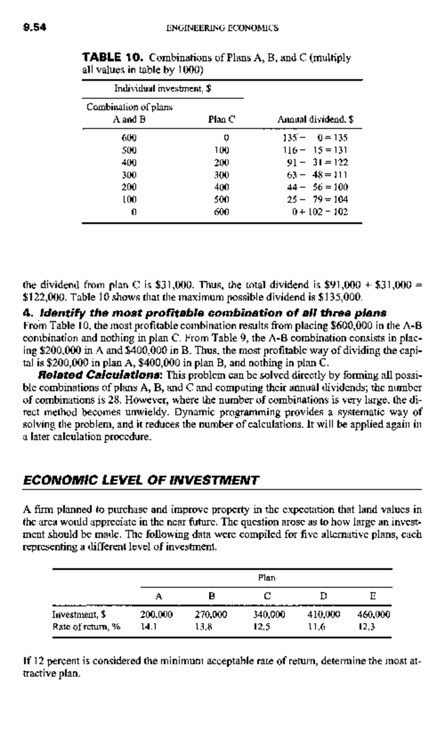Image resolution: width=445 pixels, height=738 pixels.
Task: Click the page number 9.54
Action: pyautogui.click(x=34, y=28)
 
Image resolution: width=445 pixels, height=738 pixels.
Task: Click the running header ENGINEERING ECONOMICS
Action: pyautogui.click(x=222, y=28)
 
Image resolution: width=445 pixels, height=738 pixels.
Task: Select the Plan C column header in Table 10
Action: pyautogui.click(x=222, y=120)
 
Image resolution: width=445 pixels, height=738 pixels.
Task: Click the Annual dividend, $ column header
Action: pyautogui.click(x=315, y=120)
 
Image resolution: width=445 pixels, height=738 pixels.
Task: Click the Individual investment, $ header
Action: pyautogui.click(x=162, y=89)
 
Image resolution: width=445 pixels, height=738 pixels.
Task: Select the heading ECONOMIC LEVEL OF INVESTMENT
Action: pyautogui.click(x=141, y=481)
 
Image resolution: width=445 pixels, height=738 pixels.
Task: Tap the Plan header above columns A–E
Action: pyautogui.click(x=267, y=578)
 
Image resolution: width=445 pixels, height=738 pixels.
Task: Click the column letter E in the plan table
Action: pyautogui.click(x=373, y=596)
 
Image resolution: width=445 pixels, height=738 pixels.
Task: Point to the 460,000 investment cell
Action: pyautogui.click(x=373, y=615)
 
